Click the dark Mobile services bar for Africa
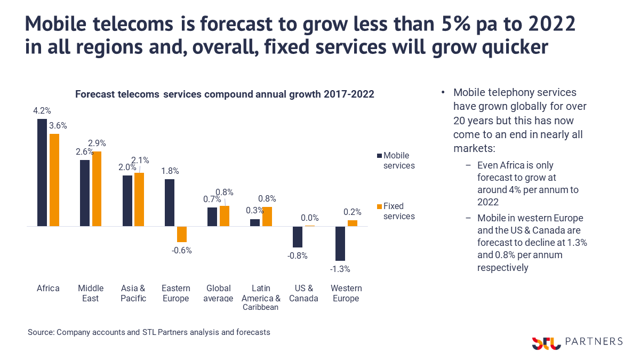pos(42,173)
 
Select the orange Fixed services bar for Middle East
pos(97,189)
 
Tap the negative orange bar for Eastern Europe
pos(182,234)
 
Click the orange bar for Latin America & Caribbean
pos(267,217)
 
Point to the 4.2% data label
pos(42,111)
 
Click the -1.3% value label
pos(340,269)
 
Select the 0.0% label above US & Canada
pos(309,218)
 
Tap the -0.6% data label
pos(182,251)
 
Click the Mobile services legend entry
pos(396,160)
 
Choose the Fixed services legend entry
pos(396,211)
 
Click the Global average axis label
pos(218,293)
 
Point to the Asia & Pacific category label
pos(133,293)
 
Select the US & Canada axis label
pos(303,293)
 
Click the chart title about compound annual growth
pos(225,94)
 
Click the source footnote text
pos(149,332)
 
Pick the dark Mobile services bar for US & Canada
pos(298,237)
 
